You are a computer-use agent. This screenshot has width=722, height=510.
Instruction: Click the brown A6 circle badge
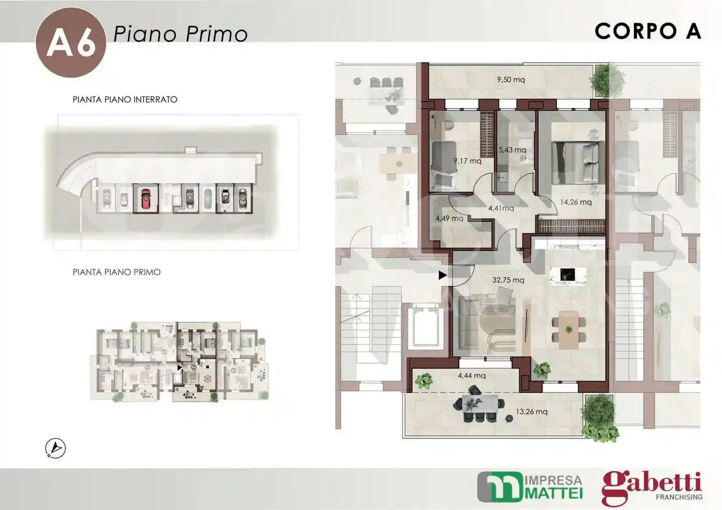tap(71, 43)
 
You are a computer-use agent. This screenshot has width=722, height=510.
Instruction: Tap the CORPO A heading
tap(648, 31)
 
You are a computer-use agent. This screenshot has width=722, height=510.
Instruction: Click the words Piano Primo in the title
tap(180, 34)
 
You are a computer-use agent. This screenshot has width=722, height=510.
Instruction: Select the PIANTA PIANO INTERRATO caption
tap(125, 99)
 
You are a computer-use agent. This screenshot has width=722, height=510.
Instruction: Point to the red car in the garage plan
tap(145, 198)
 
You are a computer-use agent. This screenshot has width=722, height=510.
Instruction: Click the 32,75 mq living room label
tap(508, 280)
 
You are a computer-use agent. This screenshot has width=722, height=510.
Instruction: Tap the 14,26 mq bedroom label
tap(576, 202)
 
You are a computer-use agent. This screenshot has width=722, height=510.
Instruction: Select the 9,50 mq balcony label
tap(511, 80)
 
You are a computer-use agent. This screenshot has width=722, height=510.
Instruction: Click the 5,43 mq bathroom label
tap(512, 150)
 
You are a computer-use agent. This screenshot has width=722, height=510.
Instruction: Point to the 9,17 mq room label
tap(467, 161)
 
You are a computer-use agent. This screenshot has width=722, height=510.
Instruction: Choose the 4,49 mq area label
tap(449, 218)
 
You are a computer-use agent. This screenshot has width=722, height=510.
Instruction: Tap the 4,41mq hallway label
tap(501, 209)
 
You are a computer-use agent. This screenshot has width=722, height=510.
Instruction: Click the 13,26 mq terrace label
tap(532, 412)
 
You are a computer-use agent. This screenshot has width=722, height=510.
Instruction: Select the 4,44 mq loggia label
tap(471, 376)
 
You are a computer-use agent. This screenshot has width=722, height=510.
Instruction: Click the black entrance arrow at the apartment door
tap(442, 276)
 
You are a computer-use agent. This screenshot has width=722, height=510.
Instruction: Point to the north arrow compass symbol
tap(56, 448)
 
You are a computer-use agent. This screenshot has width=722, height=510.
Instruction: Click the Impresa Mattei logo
tap(530, 487)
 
